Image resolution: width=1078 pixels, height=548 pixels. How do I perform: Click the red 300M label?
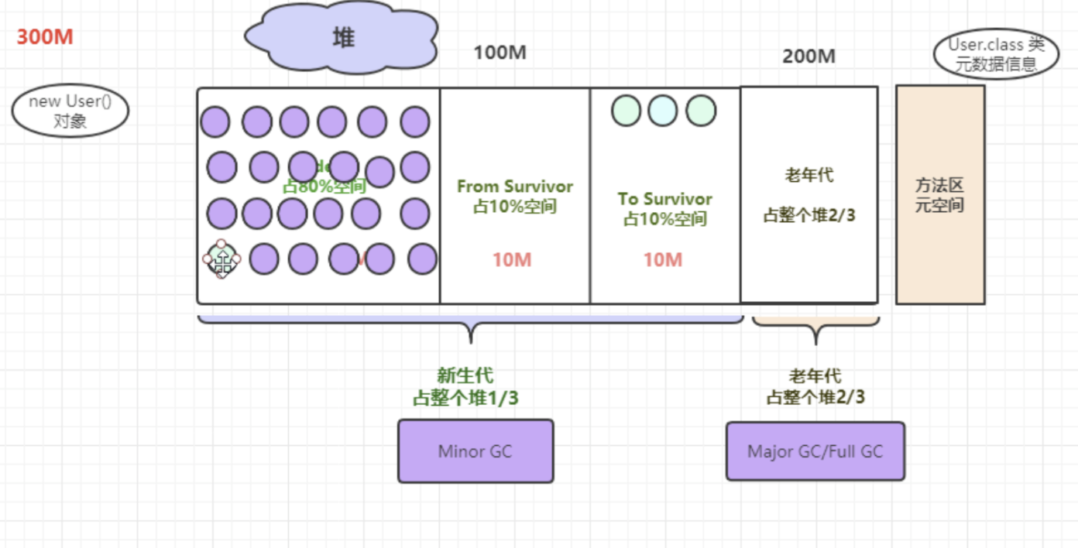pos(45,37)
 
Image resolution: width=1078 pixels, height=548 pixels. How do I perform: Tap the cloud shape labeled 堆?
pos(342,37)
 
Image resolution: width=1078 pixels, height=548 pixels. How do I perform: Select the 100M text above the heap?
pos(500,53)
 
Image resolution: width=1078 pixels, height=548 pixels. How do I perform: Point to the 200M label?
pos(808,57)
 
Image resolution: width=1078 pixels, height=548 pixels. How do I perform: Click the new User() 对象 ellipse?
pos(70,111)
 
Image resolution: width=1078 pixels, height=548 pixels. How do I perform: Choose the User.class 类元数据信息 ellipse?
pos(996,54)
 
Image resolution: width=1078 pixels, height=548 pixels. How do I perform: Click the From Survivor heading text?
pos(515,187)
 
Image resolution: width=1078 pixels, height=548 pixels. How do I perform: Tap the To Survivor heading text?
pos(664,199)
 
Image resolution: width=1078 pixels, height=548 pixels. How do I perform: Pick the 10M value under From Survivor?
pos(512,260)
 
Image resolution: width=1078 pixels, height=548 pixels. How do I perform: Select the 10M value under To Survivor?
pos(663,260)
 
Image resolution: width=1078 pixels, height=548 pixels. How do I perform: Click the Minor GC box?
pos(475,451)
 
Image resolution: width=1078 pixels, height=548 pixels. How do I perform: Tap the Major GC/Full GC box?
pos(815,451)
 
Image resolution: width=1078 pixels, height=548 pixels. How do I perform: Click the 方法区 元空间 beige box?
pos(939,195)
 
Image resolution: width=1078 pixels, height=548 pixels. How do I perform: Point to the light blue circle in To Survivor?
pos(663,111)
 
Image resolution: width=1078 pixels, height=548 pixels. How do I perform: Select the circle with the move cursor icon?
pos(222,260)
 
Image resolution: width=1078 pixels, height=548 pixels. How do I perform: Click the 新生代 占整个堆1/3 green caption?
pos(465,387)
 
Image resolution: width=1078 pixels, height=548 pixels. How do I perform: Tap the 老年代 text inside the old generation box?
pos(808,176)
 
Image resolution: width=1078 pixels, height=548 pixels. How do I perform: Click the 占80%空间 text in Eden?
pos(324,186)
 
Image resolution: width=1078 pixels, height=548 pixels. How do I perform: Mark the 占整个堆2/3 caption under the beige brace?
pos(815,398)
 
